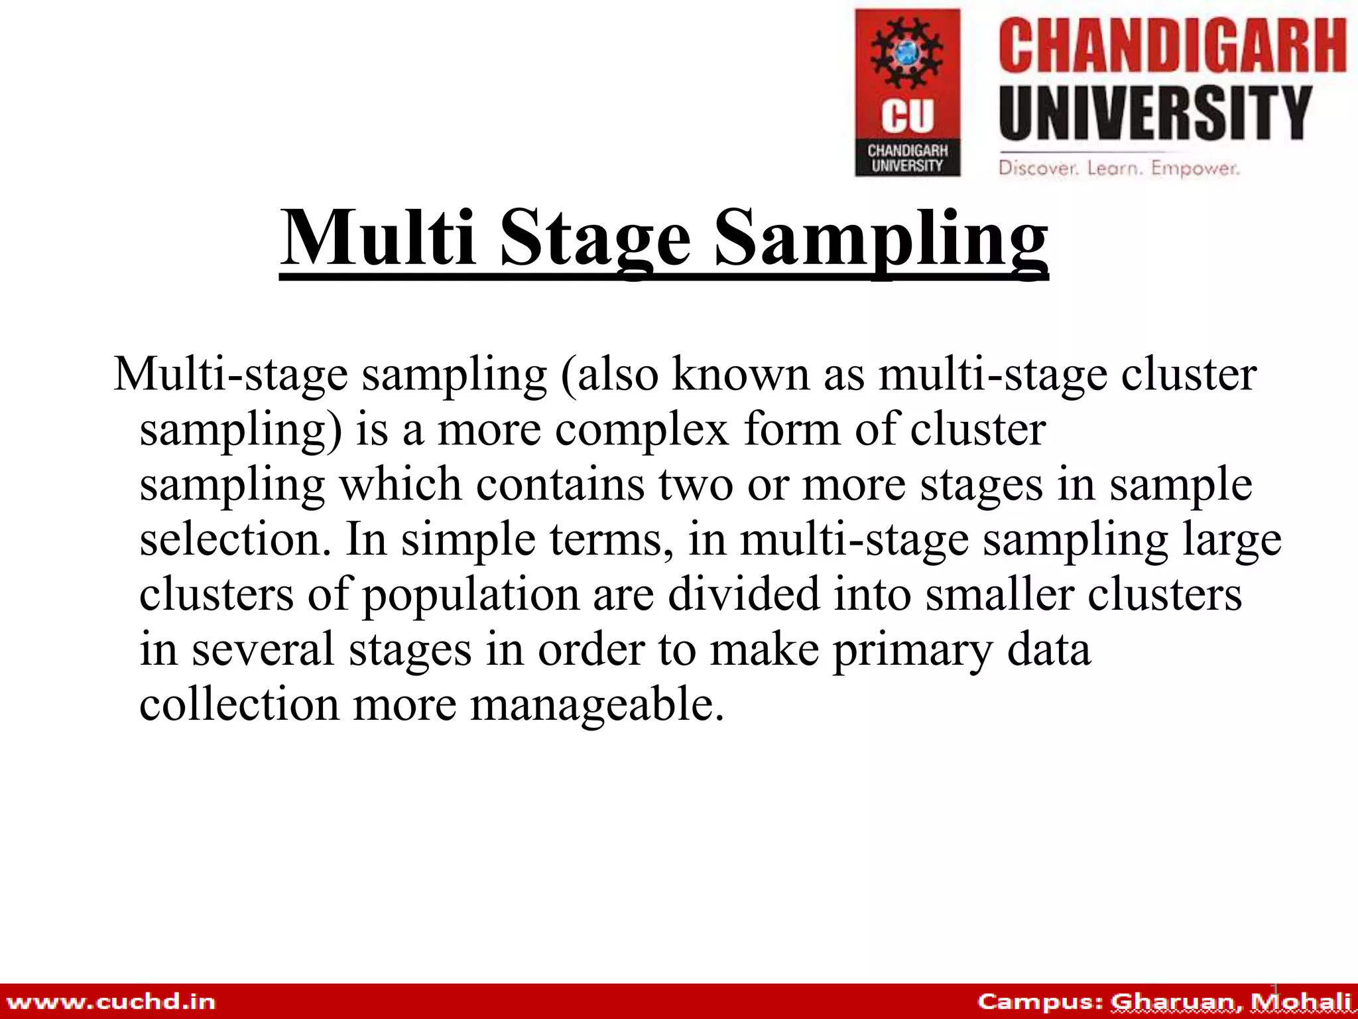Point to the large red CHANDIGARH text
pyautogui.click(x=1172, y=46)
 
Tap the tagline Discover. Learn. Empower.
pyautogui.click(x=1119, y=168)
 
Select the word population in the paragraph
pyautogui.click(x=471, y=595)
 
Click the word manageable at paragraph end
pyautogui.click(x=597, y=705)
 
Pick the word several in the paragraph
pyautogui.click(x=263, y=649)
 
